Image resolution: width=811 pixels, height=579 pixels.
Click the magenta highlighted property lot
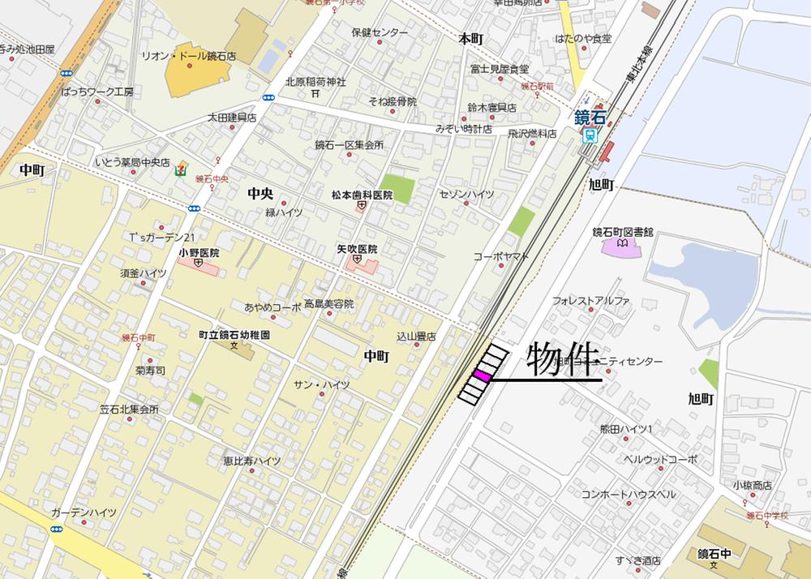(x=482, y=376)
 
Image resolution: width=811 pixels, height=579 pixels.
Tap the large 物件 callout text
(x=562, y=359)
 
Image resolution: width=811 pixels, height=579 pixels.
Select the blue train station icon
(x=590, y=136)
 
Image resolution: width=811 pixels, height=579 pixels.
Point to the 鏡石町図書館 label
(x=623, y=232)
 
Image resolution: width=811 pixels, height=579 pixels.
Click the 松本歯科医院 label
(x=361, y=195)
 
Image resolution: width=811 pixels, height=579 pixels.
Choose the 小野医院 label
(x=199, y=253)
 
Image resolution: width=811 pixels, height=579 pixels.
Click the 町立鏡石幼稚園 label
(x=234, y=334)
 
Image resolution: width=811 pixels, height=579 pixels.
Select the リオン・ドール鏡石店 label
(x=188, y=57)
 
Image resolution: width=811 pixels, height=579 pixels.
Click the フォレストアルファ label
(x=591, y=301)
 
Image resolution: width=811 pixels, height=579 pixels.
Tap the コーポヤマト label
(x=501, y=256)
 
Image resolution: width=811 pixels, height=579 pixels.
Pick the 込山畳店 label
(x=416, y=336)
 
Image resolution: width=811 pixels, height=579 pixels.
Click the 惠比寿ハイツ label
(x=252, y=461)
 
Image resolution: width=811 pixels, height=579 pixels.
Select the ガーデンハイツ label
(x=84, y=513)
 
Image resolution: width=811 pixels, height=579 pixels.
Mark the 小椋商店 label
(x=752, y=485)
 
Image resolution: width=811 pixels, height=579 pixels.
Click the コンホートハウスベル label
(x=628, y=494)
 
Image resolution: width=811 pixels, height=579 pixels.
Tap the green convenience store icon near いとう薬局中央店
(x=180, y=169)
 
